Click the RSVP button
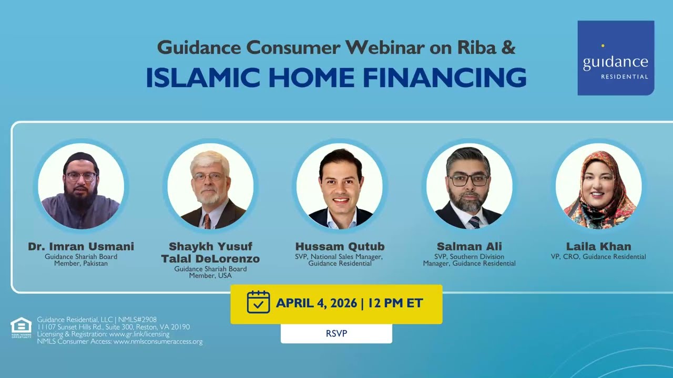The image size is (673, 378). pos(336,333)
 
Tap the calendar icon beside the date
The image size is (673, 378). pos(258,302)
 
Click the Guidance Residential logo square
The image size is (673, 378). pos(616,58)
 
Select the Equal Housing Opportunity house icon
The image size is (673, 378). pos(21,327)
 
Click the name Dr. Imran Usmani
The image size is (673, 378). pos(81,246)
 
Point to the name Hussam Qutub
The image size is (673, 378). pos(340,246)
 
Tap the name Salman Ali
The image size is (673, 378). pos(470,246)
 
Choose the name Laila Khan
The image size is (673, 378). pos(598,246)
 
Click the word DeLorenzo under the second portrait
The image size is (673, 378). pos(228,259)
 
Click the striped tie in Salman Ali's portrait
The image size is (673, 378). pos(474,222)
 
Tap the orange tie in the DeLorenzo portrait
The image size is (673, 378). pos(207,222)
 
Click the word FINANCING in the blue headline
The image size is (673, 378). pos(445,77)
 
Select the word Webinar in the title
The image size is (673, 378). pos(385,47)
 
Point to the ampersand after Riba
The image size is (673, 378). pos(508,48)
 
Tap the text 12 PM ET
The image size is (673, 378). pos(395,303)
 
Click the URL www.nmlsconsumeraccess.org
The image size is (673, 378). pos(158,341)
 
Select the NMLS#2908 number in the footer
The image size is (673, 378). pos(137,320)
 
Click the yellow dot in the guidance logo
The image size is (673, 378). pos(603,46)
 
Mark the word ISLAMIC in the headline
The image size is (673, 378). pos(203,77)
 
